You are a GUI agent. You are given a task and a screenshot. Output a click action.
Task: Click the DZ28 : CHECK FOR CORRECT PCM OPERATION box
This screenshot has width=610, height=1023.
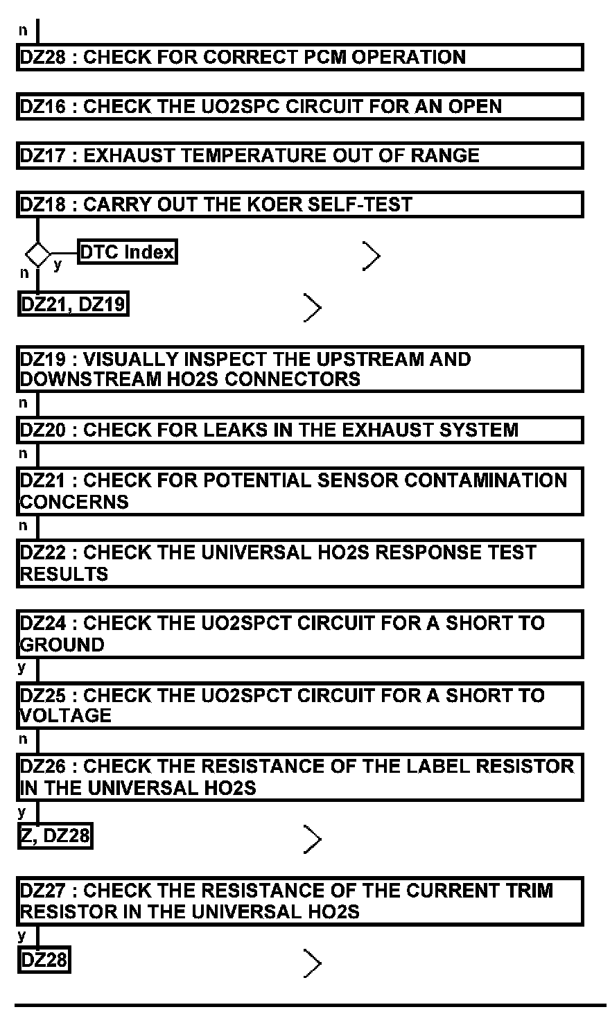[299, 57]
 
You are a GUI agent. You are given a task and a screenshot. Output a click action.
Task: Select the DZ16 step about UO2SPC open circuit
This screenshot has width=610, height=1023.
[299, 107]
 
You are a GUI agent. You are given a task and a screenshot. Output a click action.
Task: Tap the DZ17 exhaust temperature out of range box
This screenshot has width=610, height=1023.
[299, 155]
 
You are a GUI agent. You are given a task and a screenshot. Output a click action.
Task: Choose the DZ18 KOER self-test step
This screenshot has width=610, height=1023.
[299, 204]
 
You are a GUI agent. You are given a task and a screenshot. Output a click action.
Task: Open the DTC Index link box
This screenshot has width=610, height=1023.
[128, 252]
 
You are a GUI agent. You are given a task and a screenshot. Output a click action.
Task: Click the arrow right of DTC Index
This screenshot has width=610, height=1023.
[372, 256]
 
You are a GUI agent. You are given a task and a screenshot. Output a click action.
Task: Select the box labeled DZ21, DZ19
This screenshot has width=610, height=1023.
[73, 304]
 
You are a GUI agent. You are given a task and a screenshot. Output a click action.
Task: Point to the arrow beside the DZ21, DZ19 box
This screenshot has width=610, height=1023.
[313, 307]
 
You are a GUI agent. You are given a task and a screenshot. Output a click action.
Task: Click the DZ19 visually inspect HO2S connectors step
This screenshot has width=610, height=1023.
[299, 369]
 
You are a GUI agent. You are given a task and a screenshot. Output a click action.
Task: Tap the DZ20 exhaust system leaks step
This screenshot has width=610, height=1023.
[299, 430]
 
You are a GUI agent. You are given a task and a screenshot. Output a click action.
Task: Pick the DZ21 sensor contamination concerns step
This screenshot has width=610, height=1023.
[299, 491]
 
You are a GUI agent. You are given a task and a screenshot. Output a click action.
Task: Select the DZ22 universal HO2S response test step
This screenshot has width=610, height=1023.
[299, 563]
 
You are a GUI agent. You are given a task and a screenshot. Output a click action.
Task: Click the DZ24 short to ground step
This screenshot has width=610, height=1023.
[299, 633]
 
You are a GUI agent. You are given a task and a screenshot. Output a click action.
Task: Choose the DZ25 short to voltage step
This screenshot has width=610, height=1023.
[299, 705]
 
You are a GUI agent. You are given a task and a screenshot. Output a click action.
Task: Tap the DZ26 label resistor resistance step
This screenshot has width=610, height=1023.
[299, 777]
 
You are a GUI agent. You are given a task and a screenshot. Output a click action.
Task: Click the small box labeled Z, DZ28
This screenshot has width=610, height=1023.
[55, 836]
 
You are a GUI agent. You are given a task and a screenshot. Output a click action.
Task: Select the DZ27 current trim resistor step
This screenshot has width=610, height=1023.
[299, 900]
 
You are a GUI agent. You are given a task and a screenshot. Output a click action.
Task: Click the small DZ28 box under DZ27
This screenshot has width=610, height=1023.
[44, 961]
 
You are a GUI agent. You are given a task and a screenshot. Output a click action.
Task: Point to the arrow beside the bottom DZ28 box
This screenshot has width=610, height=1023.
[313, 963]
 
